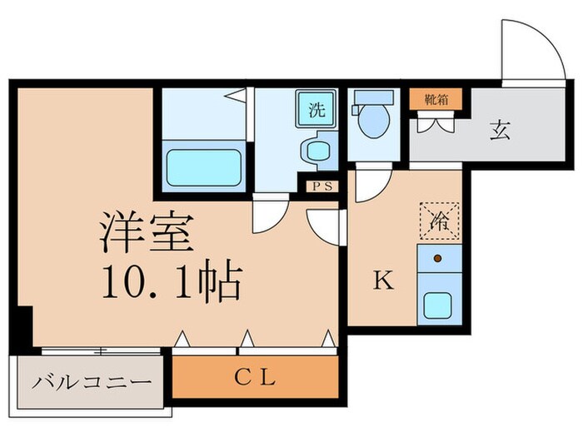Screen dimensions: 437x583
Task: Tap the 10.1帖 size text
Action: tap(171, 284)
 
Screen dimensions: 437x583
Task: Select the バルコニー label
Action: tap(92, 383)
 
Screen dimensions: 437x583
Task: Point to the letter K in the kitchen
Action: tap(381, 281)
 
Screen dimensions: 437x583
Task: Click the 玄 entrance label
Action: tap(500, 131)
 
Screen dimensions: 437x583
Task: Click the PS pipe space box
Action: tap(321, 186)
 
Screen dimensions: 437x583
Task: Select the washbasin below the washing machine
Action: tap(316, 152)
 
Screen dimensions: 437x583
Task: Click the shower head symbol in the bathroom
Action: tap(238, 97)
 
